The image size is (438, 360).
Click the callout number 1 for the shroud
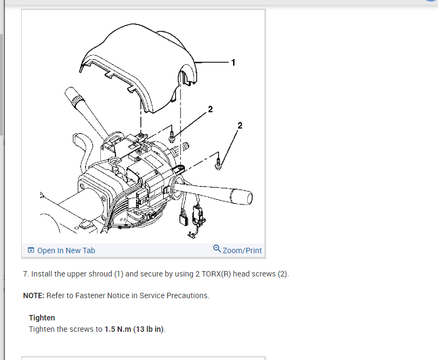(233, 63)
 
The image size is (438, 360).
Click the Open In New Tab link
(66, 250)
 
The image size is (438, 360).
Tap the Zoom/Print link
(242, 250)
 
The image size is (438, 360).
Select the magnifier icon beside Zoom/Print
(217, 249)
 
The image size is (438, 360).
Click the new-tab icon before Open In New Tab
(31, 250)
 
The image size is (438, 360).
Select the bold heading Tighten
(42, 318)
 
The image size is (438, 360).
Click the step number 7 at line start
(25, 274)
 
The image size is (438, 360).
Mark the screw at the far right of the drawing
(218, 162)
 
